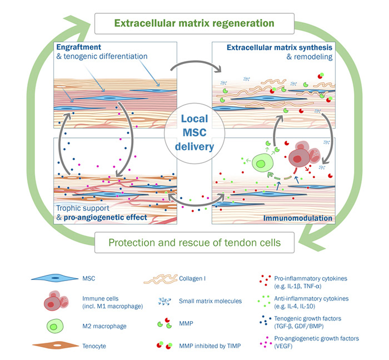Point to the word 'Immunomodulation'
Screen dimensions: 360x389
pos(300,219)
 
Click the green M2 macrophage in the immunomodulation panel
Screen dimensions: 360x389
pos(260,164)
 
